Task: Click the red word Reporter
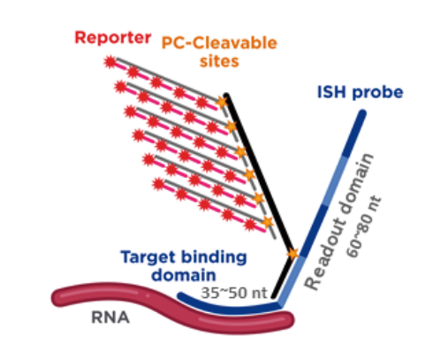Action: (x=113, y=38)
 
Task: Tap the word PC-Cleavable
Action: (x=219, y=43)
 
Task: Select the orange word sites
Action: (x=219, y=61)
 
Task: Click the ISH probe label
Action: (x=360, y=92)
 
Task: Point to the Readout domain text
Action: (x=338, y=222)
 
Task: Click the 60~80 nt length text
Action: (x=364, y=226)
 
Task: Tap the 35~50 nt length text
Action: (x=234, y=293)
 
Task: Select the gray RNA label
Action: (x=110, y=318)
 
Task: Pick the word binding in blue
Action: (x=213, y=257)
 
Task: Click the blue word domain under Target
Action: (x=184, y=275)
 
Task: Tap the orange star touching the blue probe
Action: (x=292, y=253)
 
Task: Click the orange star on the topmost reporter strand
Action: (x=222, y=102)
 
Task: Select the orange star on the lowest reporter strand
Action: (x=267, y=222)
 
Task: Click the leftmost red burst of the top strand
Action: (x=110, y=62)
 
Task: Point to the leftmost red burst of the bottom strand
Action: (x=159, y=185)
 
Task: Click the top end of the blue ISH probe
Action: (x=363, y=113)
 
